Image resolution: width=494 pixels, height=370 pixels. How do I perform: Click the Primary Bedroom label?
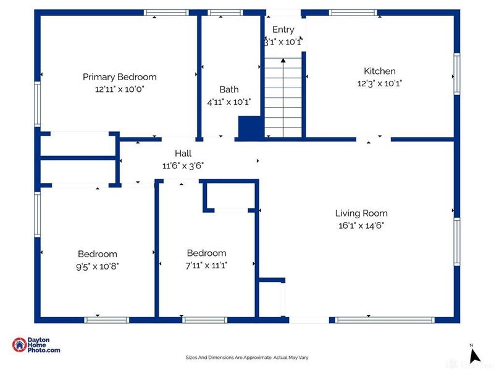[x=119, y=77]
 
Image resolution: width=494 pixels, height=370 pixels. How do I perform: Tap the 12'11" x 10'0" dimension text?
[x=119, y=89]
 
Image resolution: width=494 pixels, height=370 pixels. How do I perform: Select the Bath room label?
[x=228, y=89]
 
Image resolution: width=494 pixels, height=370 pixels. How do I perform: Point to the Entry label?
[x=283, y=30]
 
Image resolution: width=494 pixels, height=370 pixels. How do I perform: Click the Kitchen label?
[x=380, y=71]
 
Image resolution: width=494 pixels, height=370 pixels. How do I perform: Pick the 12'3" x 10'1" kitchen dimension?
[x=380, y=84]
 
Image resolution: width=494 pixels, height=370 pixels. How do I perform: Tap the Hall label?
[x=183, y=154]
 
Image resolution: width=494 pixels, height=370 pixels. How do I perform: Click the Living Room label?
[x=361, y=213]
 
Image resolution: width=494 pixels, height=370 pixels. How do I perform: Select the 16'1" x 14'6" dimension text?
[x=361, y=226]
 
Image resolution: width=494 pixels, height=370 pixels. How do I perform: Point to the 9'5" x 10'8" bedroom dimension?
[x=98, y=266]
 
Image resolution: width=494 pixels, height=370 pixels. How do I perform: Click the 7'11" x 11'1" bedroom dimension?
[x=206, y=266]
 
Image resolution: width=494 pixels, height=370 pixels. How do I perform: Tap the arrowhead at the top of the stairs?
[x=283, y=60]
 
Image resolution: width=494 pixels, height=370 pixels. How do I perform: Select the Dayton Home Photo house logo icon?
[x=20, y=345]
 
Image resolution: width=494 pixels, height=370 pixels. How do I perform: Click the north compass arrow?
[x=474, y=356]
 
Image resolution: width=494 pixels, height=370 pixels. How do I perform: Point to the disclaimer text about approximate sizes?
[x=247, y=358]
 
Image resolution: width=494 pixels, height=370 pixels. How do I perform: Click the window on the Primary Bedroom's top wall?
[x=166, y=12]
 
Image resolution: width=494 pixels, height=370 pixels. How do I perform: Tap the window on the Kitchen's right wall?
[x=457, y=74]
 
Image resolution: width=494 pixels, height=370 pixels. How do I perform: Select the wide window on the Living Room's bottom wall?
[x=385, y=320]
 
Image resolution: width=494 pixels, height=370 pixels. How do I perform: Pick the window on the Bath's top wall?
[x=225, y=12]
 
